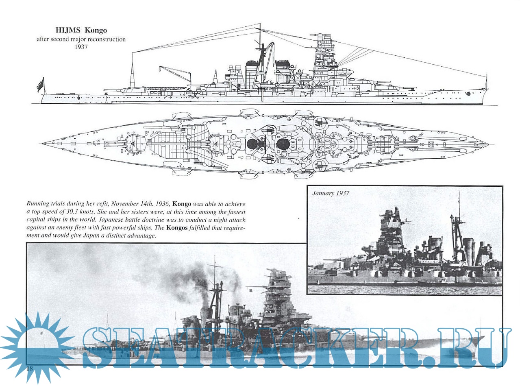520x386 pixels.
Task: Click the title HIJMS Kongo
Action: pyautogui.click(x=81, y=31)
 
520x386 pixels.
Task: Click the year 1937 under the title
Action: pyautogui.click(x=81, y=47)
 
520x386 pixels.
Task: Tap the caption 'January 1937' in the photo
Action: pyautogui.click(x=331, y=193)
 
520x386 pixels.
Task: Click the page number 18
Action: pyautogui.click(x=29, y=369)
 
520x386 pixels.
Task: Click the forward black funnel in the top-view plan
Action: pyautogui.click(x=283, y=143)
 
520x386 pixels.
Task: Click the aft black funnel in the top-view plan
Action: pyautogui.click(x=252, y=143)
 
